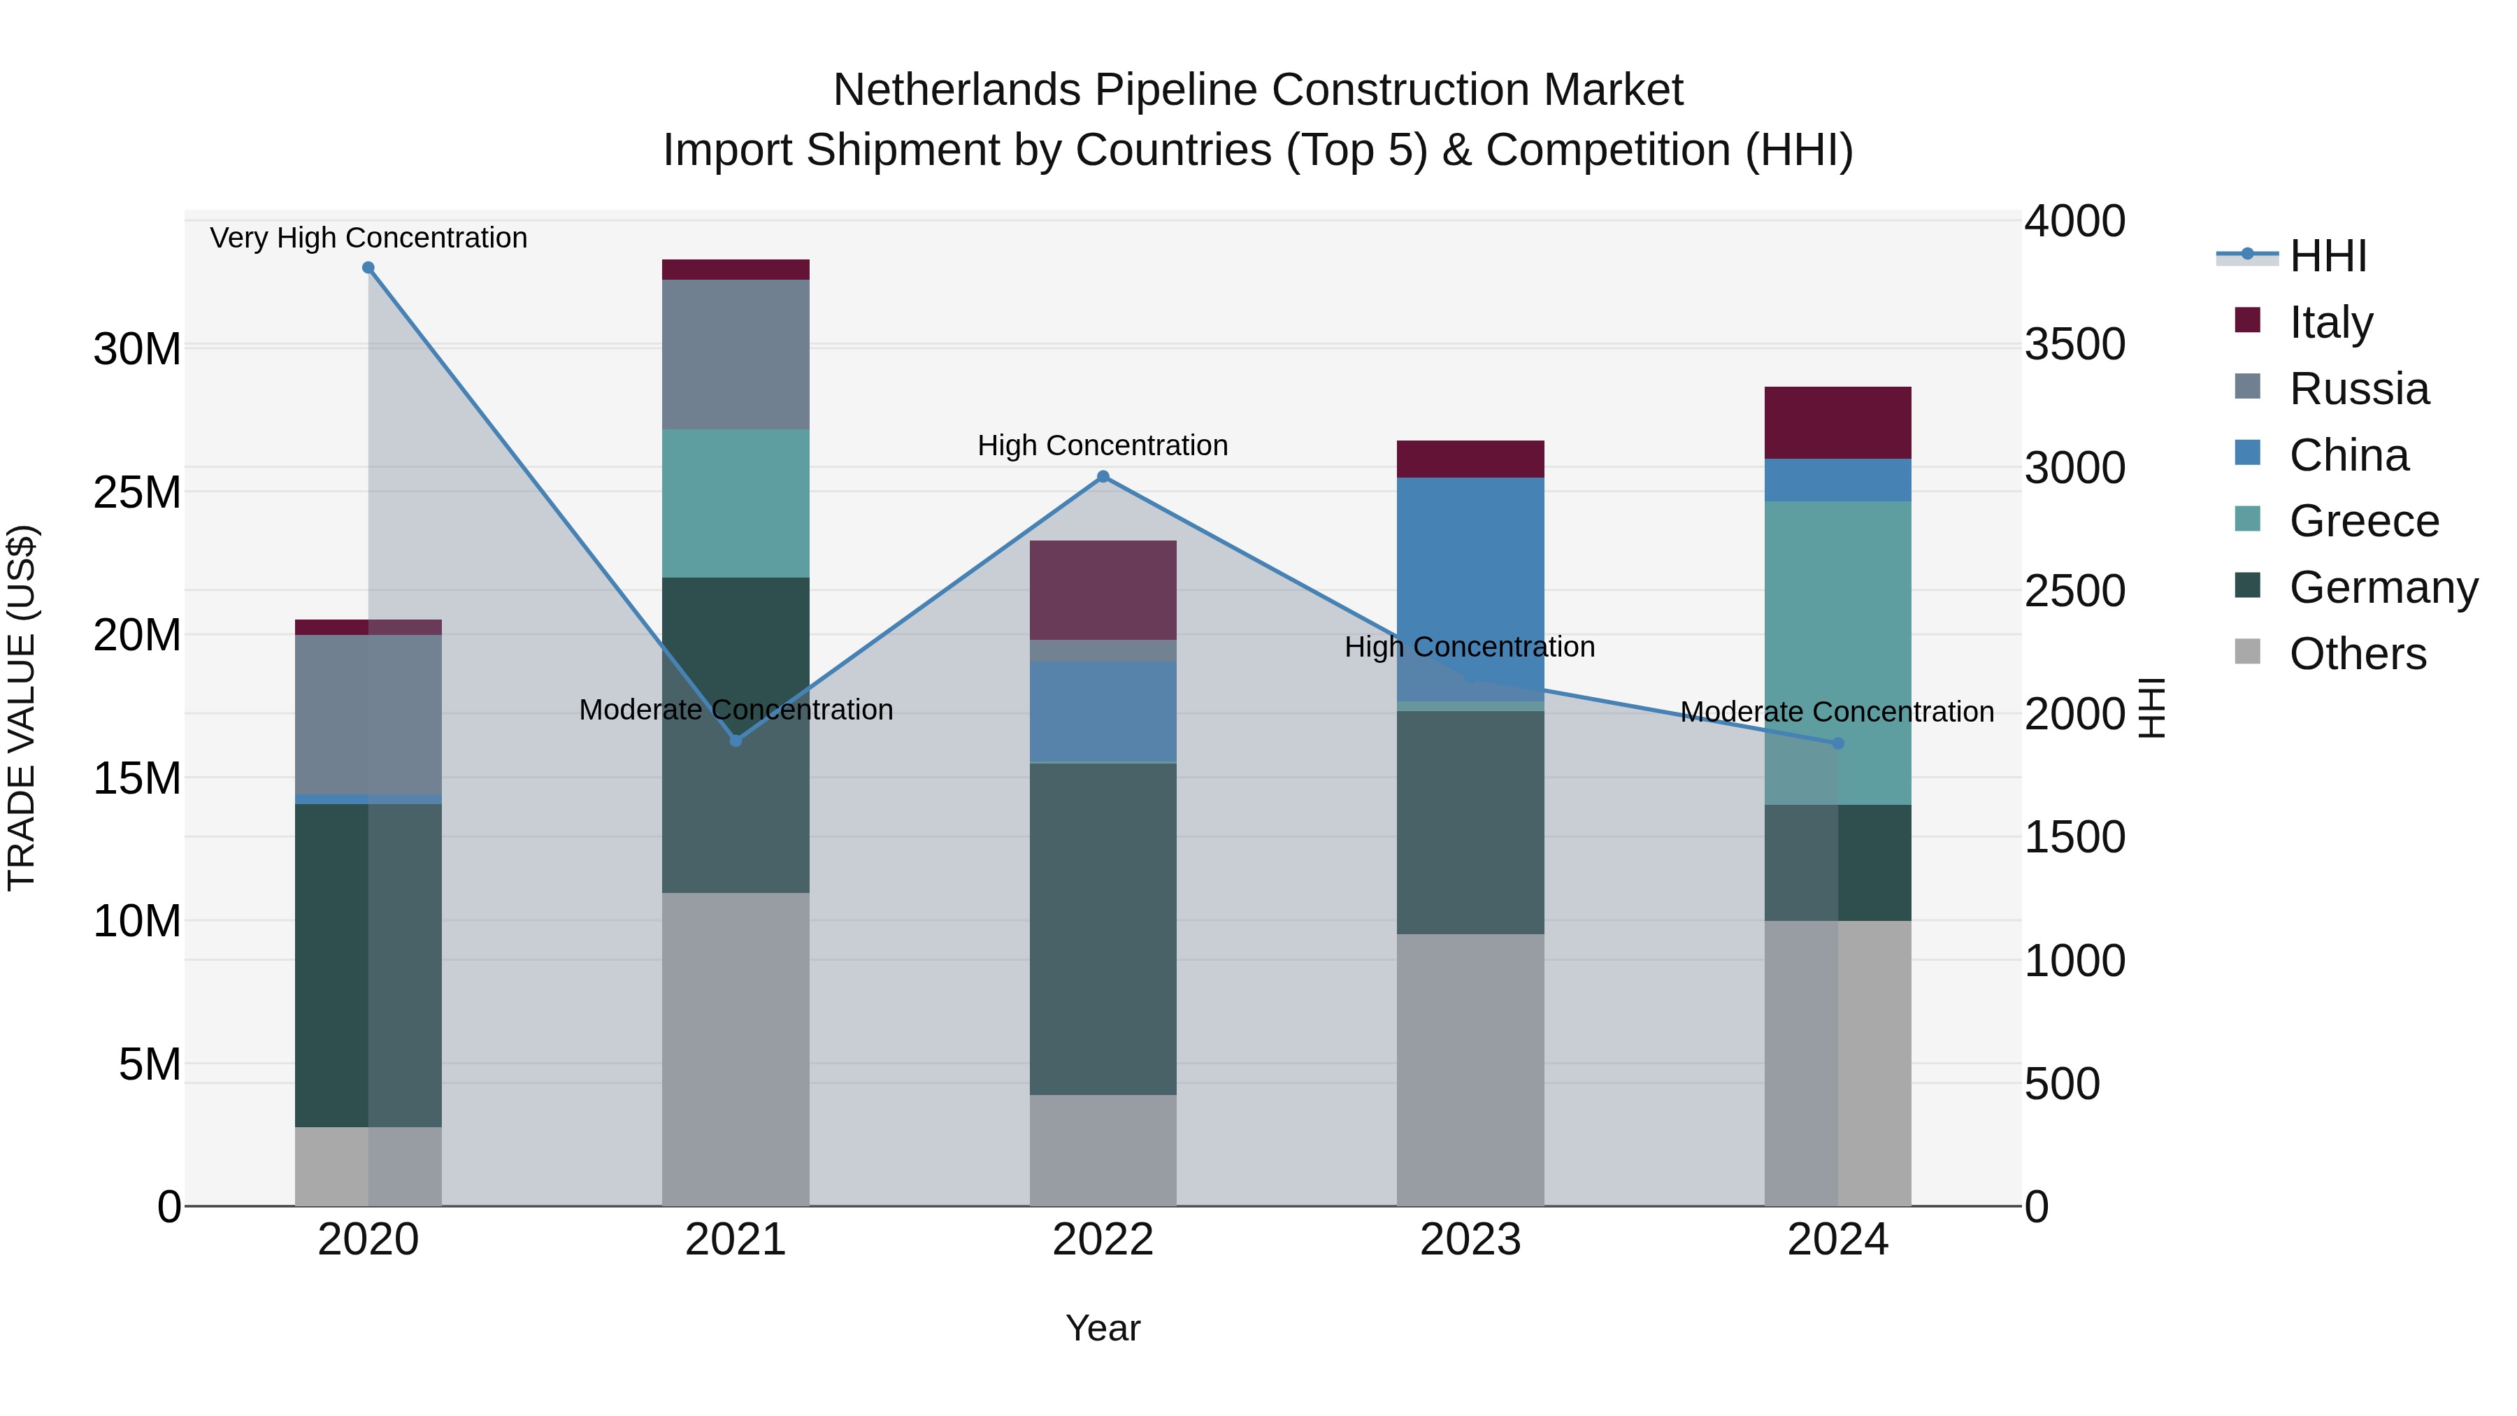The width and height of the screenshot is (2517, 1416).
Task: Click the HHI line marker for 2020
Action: coord(368,268)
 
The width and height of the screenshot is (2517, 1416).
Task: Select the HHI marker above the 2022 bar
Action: coord(1103,477)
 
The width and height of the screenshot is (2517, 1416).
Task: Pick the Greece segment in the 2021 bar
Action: coord(736,503)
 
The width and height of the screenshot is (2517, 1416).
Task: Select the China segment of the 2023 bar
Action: coord(1470,587)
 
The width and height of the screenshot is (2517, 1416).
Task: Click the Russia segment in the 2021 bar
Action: coord(736,354)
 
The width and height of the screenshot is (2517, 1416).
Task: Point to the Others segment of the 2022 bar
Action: coord(1103,1150)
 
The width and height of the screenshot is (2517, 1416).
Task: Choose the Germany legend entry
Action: coord(2383,587)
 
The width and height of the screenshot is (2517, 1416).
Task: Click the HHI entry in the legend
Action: coord(2328,256)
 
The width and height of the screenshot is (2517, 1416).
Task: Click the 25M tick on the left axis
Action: coord(137,492)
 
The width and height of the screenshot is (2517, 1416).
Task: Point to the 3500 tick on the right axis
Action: coord(2074,344)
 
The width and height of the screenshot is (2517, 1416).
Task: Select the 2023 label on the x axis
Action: coord(1470,1240)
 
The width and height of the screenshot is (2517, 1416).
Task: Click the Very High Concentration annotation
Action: coord(368,238)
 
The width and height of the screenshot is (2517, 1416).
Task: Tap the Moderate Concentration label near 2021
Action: coord(736,710)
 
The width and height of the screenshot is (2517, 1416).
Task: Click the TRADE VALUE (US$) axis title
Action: coord(22,708)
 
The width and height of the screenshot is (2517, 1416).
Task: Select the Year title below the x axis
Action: coord(1103,1328)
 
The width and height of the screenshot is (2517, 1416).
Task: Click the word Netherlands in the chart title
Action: coord(956,90)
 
